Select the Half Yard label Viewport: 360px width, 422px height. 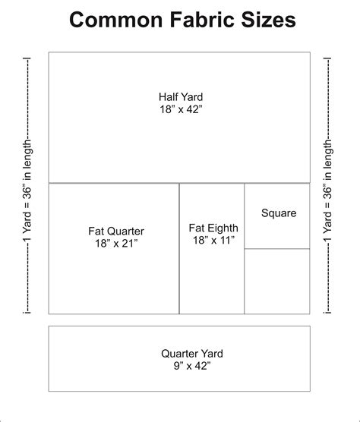coord(180,97)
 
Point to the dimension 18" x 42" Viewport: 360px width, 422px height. coord(180,110)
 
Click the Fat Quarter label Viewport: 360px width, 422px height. coord(116,231)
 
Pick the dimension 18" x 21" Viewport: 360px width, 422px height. coord(116,244)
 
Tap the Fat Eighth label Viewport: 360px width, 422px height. coord(213,227)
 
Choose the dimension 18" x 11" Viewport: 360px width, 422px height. coord(213,240)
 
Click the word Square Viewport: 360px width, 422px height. coord(279,213)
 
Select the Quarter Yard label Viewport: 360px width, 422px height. coord(180,353)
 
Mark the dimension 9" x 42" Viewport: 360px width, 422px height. coord(180,366)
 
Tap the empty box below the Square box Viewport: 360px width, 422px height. coord(277,282)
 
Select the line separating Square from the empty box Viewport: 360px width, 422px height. coord(277,249)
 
